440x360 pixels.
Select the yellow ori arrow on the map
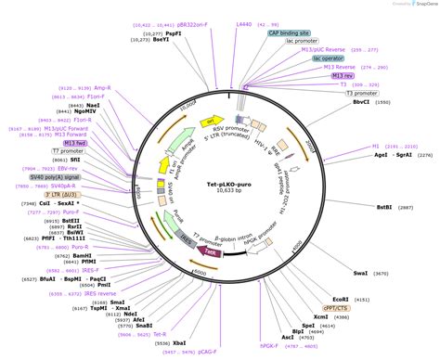coord(214,122)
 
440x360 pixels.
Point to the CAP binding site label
coord(291,32)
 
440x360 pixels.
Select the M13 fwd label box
coord(75,143)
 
